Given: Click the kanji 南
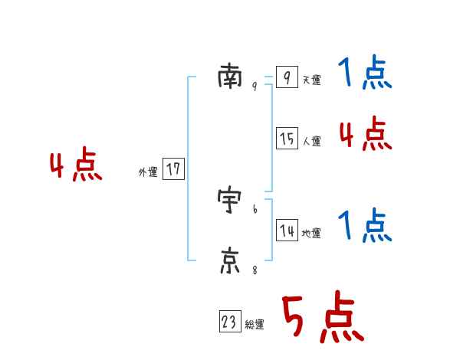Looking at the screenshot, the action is (230, 78).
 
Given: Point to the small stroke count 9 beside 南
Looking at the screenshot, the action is (255, 87).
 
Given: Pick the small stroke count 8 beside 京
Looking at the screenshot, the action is (255, 270).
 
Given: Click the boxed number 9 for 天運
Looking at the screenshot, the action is (287, 77).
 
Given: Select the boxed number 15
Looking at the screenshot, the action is (287, 139).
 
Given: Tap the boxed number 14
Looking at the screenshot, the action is (287, 231).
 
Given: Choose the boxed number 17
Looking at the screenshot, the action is (173, 169).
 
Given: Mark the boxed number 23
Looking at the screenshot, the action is (229, 322).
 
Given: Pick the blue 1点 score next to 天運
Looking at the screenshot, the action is (365, 74).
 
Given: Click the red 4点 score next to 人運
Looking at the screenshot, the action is (365, 134).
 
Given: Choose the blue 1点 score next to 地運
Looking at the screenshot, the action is (365, 227).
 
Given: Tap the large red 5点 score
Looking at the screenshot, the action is (322, 317).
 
